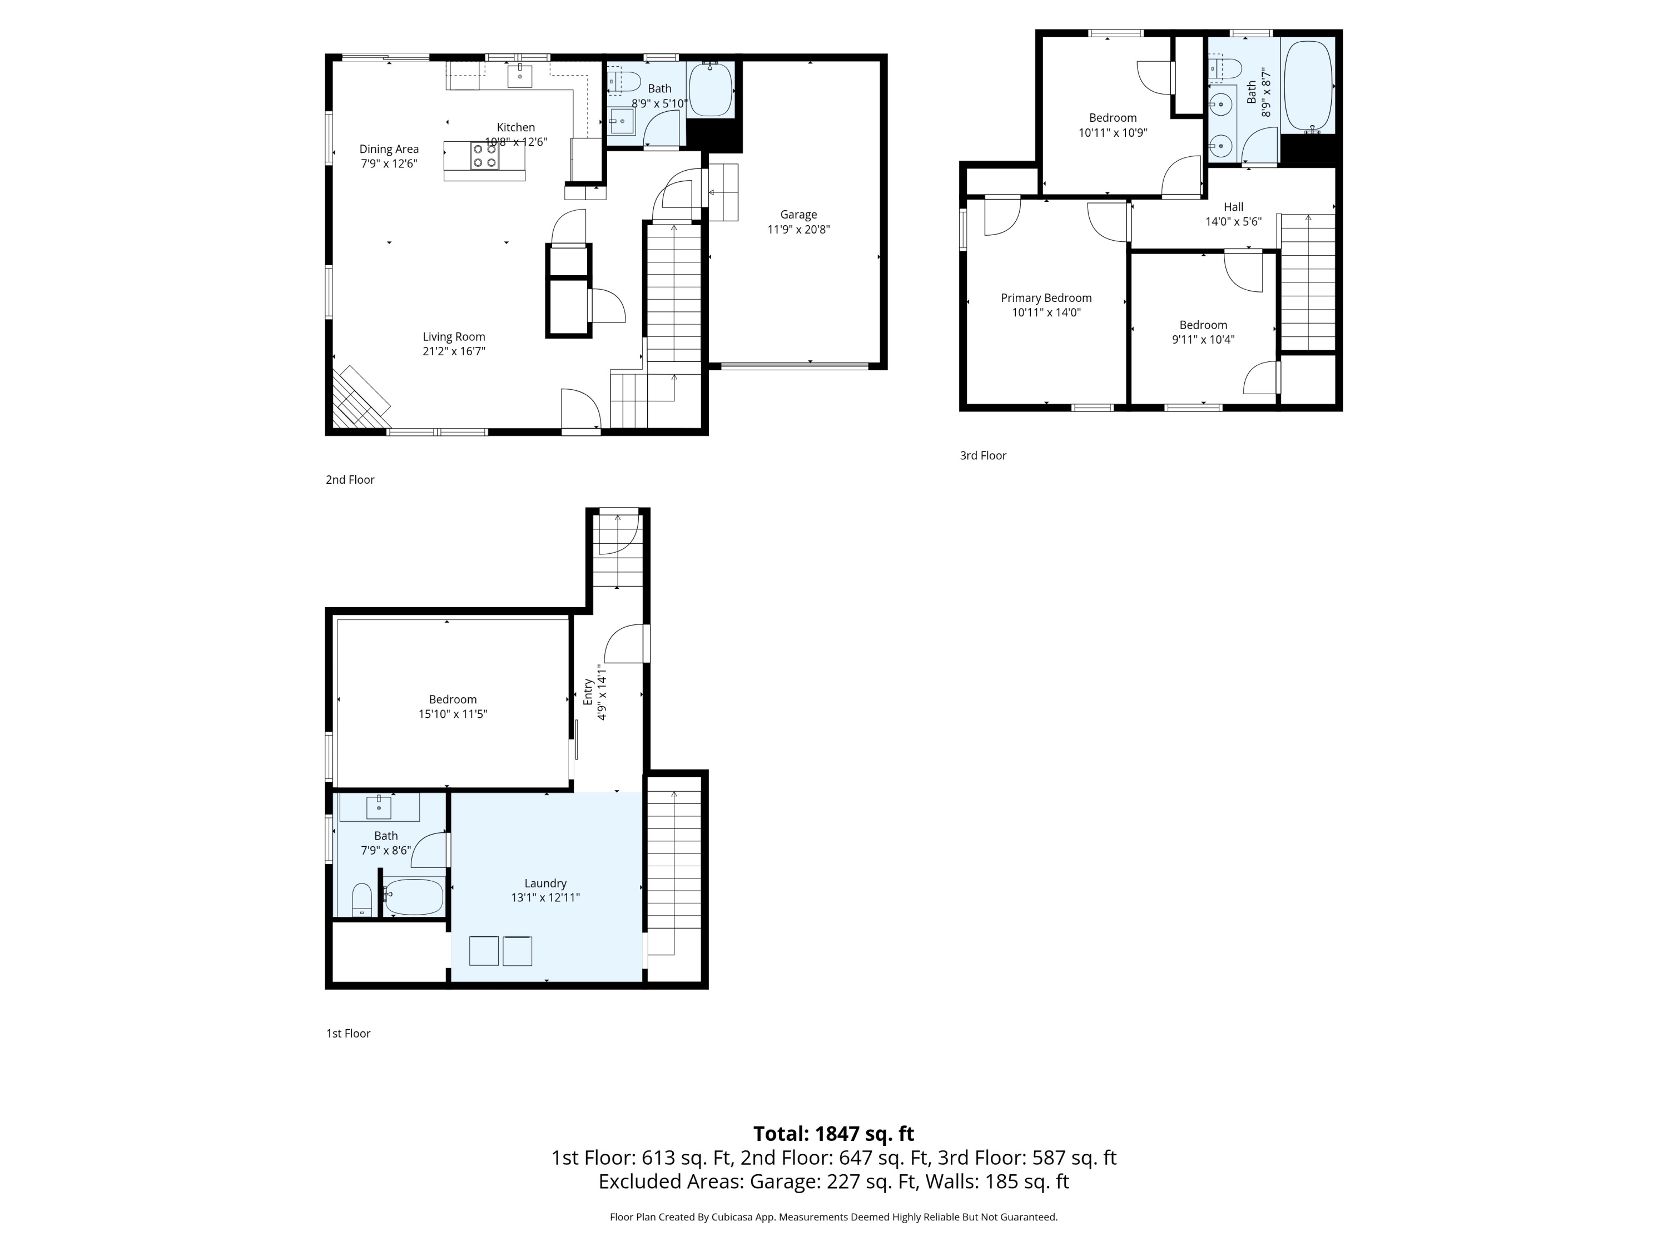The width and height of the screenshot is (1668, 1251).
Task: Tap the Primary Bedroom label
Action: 1046,298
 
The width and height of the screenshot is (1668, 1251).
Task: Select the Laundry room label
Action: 545,883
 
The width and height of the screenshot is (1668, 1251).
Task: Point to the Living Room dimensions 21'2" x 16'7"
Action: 454,351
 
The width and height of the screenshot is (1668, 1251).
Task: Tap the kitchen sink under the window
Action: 519,76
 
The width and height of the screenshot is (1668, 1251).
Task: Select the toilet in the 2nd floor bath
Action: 624,81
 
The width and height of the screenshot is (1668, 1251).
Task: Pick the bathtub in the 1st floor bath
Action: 413,897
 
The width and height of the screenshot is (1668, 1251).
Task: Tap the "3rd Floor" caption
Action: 982,455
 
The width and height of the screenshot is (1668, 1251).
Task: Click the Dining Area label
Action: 389,150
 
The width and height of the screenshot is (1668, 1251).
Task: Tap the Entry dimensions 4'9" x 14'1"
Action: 602,692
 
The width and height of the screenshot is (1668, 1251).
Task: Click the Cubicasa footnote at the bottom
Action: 833,1217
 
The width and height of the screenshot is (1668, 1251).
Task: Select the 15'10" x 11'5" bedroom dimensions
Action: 453,714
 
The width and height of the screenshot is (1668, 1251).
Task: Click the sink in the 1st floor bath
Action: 379,807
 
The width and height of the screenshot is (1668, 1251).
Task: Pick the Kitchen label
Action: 516,127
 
